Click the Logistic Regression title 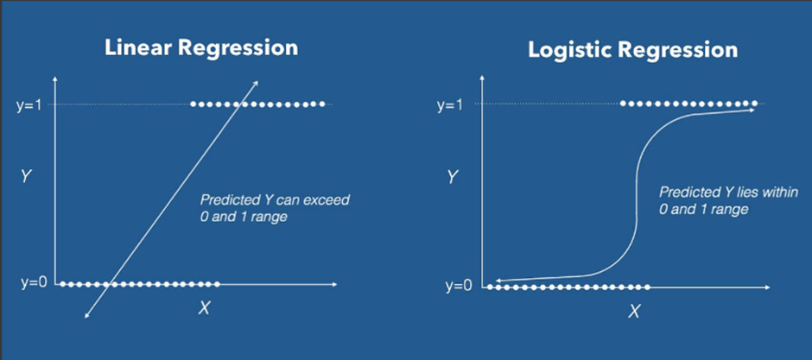coord(632,50)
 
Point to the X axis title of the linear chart coord(204,307)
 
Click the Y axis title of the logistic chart coord(452,178)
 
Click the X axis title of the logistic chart coord(634,311)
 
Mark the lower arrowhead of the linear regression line coord(86,319)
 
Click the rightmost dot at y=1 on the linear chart coord(323,104)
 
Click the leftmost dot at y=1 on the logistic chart coord(623,104)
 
